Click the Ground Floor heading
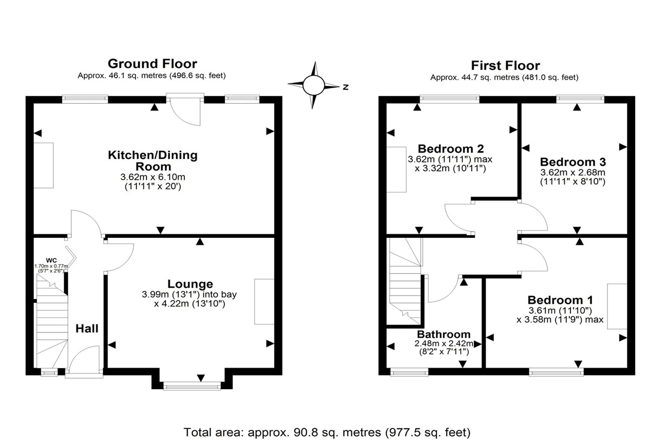coord(152,63)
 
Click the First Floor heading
coord(505,65)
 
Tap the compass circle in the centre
coord(314,85)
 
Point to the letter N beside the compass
coord(346,87)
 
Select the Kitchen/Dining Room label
coord(153,161)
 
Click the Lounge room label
coord(190,284)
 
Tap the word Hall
coord(87,328)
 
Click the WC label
coord(52,261)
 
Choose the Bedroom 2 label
coord(451,149)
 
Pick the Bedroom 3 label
coord(573,162)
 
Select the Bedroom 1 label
coord(560,300)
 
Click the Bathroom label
coord(444,334)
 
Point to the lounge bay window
coord(192,386)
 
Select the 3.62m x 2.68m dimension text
coord(573,172)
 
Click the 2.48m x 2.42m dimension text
coord(444,344)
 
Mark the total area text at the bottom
coord(327,432)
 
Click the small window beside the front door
coord(49,373)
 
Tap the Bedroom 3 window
coord(580,99)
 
